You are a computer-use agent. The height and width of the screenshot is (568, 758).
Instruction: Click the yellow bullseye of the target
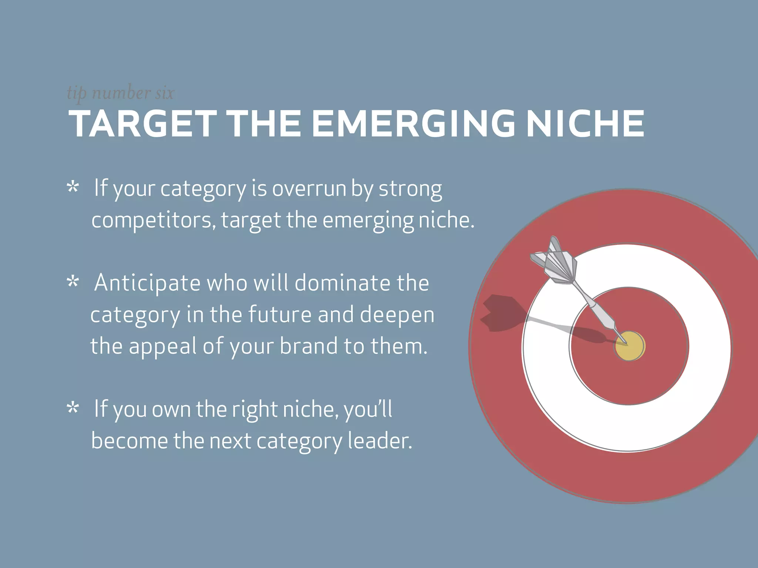coord(630,346)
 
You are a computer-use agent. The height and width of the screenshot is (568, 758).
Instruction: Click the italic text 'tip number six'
coord(120,92)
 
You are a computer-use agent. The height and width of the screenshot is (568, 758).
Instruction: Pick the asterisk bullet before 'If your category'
coord(73,187)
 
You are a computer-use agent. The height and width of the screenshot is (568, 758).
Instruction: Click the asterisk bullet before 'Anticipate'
coord(73,282)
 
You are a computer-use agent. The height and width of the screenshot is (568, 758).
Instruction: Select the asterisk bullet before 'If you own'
coord(73,408)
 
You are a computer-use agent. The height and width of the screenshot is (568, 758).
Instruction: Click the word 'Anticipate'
coord(147,283)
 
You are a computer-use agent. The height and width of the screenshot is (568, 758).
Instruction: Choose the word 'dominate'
coord(343,283)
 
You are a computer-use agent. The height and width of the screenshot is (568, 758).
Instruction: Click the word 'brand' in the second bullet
coord(308,346)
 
